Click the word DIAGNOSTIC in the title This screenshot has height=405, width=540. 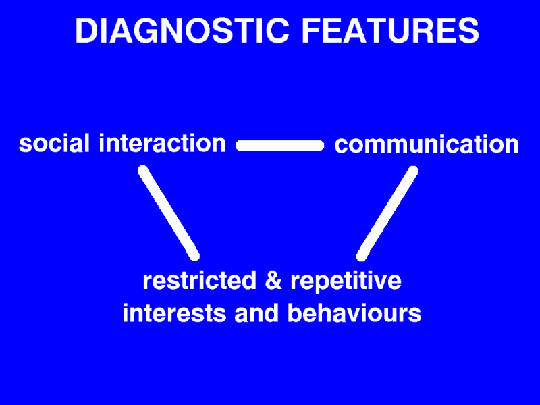tap(182, 30)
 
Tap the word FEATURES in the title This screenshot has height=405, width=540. tap(391, 30)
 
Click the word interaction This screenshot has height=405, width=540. tap(162, 143)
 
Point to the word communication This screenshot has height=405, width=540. tap(427, 144)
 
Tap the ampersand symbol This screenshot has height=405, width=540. tap(273, 280)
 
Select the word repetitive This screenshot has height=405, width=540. tap(346, 281)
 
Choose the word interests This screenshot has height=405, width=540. tap(174, 313)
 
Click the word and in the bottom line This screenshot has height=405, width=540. tap(256, 313)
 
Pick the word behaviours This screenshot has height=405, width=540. tap(354, 313)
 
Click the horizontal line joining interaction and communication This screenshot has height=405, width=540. tap(280, 145)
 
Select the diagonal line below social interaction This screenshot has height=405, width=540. tap(169, 213)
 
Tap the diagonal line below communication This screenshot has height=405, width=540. tap(387, 213)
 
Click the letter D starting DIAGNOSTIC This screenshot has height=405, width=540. tap(86, 30)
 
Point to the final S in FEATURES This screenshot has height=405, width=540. tap(468, 30)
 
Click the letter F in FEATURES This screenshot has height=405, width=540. tap(310, 30)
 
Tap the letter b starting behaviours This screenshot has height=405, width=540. tap(294, 313)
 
